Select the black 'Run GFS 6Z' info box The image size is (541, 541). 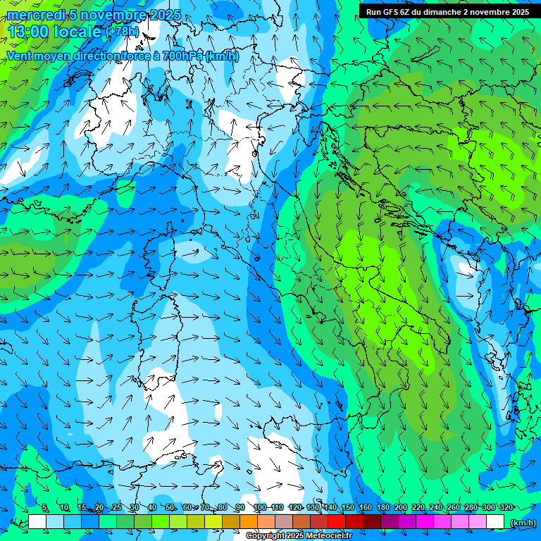[447, 11]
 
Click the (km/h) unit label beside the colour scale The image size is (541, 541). [523, 523]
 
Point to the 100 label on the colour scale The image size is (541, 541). [259, 507]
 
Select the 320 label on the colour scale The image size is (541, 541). [506, 507]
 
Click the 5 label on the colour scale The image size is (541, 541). [45, 507]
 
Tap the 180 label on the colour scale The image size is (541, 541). [383, 507]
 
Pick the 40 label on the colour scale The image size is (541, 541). [152, 507]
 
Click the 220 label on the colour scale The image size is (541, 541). [418, 507]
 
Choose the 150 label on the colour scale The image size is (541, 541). [347, 507]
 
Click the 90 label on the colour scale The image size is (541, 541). [240, 507]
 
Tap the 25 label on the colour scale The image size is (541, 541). [116, 507]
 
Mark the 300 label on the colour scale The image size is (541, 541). [488, 507]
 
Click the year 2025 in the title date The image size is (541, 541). [165, 15]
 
